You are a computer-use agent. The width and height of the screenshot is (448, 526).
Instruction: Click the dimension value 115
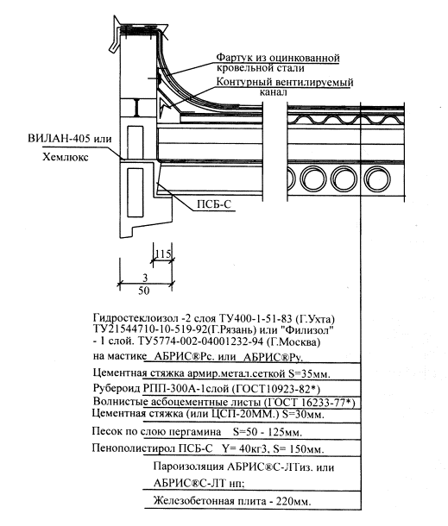(x=163, y=254)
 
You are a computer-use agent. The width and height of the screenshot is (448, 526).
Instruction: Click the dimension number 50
(x=144, y=291)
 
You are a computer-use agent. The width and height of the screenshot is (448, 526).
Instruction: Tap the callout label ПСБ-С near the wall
(x=214, y=204)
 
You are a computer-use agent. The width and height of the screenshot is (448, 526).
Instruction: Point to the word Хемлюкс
(x=66, y=157)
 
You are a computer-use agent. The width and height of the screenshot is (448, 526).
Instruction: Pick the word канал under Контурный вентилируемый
(x=274, y=92)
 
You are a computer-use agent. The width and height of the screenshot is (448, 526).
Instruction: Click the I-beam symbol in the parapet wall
(x=137, y=107)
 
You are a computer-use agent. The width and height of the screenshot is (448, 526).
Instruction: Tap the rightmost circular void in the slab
(x=377, y=178)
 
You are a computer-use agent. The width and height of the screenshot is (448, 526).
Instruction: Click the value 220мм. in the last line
(x=293, y=502)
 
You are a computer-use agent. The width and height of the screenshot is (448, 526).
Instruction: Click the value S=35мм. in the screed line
(x=309, y=373)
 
